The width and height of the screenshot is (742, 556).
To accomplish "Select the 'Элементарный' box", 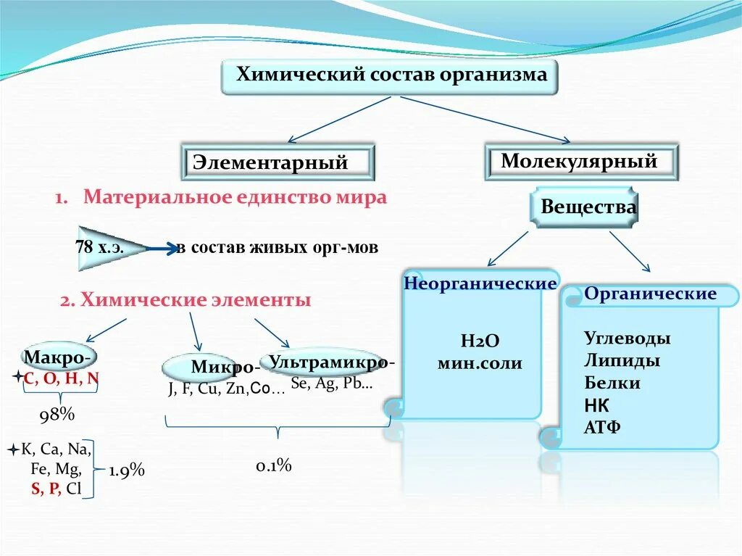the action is [x=277, y=162].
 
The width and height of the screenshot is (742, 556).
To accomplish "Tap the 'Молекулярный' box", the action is [x=580, y=161].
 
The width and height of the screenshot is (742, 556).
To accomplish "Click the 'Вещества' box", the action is [x=588, y=208].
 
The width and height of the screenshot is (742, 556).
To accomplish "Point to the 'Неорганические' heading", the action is [x=480, y=283].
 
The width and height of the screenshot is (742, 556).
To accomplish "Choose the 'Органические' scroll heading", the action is [x=650, y=294].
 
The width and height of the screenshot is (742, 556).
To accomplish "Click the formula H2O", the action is [x=480, y=341].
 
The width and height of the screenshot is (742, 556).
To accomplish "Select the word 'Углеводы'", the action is [x=627, y=339].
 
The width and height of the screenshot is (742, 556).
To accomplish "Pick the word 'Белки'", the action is [x=612, y=383].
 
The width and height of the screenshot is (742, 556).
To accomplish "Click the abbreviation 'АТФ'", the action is [x=602, y=427].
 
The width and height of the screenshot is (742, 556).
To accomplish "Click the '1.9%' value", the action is [x=127, y=470].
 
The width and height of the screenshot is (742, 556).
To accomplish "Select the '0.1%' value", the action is [x=273, y=465].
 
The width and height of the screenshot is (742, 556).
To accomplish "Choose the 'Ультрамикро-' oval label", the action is [x=331, y=362].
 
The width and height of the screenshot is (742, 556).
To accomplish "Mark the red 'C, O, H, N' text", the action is [x=61, y=378].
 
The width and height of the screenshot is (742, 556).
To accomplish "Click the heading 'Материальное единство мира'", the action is [x=235, y=198].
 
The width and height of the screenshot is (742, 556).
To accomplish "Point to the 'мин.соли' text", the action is [x=479, y=364].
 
